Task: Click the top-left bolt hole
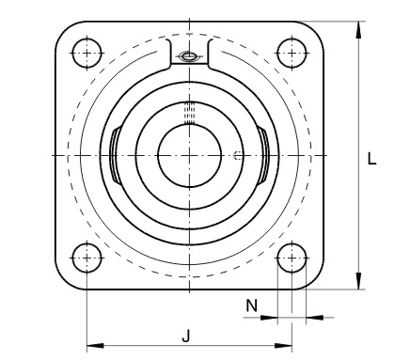click(x=87, y=52)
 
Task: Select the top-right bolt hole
click(x=292, y=52)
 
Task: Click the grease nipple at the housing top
click(x=189, y=58)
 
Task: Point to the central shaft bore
click(x=189, y=153)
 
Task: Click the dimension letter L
click(x=372, y=160)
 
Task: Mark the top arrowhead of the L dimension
click(x=358, y=26)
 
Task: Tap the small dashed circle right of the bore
click(x=239, y=154)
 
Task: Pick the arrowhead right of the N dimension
click(x=309, y=318)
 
